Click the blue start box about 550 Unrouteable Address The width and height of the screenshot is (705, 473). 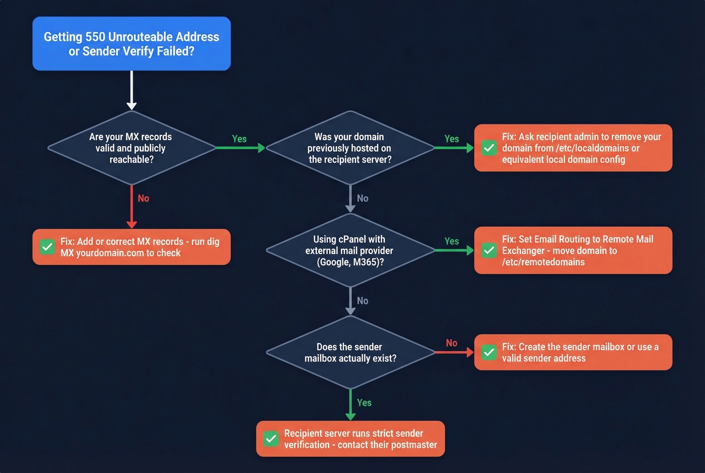pyautogui.click(x=131, y=44)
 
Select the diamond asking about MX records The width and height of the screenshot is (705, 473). pyautogui.click(x=131, y=148)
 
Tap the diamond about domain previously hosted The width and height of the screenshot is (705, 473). pyautogui.click(x=349, y=148)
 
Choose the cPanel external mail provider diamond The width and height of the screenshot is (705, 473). pyautogui.click(x=349, y=250)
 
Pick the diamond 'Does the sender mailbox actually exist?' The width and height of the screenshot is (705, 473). pyautogui.click(x=349, y=353)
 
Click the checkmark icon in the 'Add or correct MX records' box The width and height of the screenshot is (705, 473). pyautogui.click(x=47, y=247)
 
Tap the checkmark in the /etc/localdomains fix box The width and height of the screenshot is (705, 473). pyautogui.click(x=489, y=148)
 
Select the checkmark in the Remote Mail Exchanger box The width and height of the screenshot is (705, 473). pyautogui.click(x=489, y=250)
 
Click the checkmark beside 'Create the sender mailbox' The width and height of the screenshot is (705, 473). pyautogui.click(x=489, y=352)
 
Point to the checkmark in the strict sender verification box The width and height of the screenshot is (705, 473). pyautogui.click(x=271, y=439)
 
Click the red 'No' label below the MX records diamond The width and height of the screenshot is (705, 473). pyautogui.click(x=144, y=198)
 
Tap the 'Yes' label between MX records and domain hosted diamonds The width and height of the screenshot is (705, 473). pyautogui.click(x=239, y=139)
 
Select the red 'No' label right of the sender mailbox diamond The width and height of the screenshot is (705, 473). pyautogui.click(x=452, y=343)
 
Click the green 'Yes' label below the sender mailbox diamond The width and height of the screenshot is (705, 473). pyautogui.click(x=364, y=403)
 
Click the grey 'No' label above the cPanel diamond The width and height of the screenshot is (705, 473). pyautogui.click(x=363, y=198)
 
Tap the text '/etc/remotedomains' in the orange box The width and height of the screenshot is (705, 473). pyautogui.click(x=543, y=262)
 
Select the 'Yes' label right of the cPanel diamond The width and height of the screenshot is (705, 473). pyautogui.click(x=452, y=241)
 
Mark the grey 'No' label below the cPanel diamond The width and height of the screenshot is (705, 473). pyautogui.click(x=363, y=301)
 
